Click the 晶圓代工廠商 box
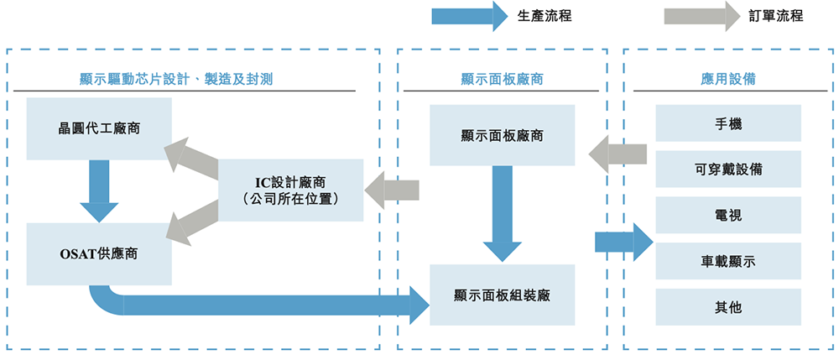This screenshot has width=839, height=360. point(99,129)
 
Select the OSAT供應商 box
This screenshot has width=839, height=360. point(99,253)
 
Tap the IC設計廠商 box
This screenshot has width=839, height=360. point(290,190)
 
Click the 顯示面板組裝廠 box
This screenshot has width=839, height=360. point(503,295)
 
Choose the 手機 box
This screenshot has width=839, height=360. point(728,123)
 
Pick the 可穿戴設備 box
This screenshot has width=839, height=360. point(728,170)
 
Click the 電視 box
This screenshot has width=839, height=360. point(728,216)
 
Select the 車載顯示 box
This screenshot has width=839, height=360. point(728,262)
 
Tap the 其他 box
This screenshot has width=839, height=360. point(728,307)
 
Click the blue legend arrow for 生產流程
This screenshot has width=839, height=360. point(468,15)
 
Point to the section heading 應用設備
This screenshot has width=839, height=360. point(728,79)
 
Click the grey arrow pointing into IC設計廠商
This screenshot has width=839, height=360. point(392,190)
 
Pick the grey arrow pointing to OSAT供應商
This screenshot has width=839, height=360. point(194,222)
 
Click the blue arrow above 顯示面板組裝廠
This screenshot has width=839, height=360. point(503,213)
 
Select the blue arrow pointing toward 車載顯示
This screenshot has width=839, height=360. point(623,242)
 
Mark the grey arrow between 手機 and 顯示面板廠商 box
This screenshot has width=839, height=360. point(618,154)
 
